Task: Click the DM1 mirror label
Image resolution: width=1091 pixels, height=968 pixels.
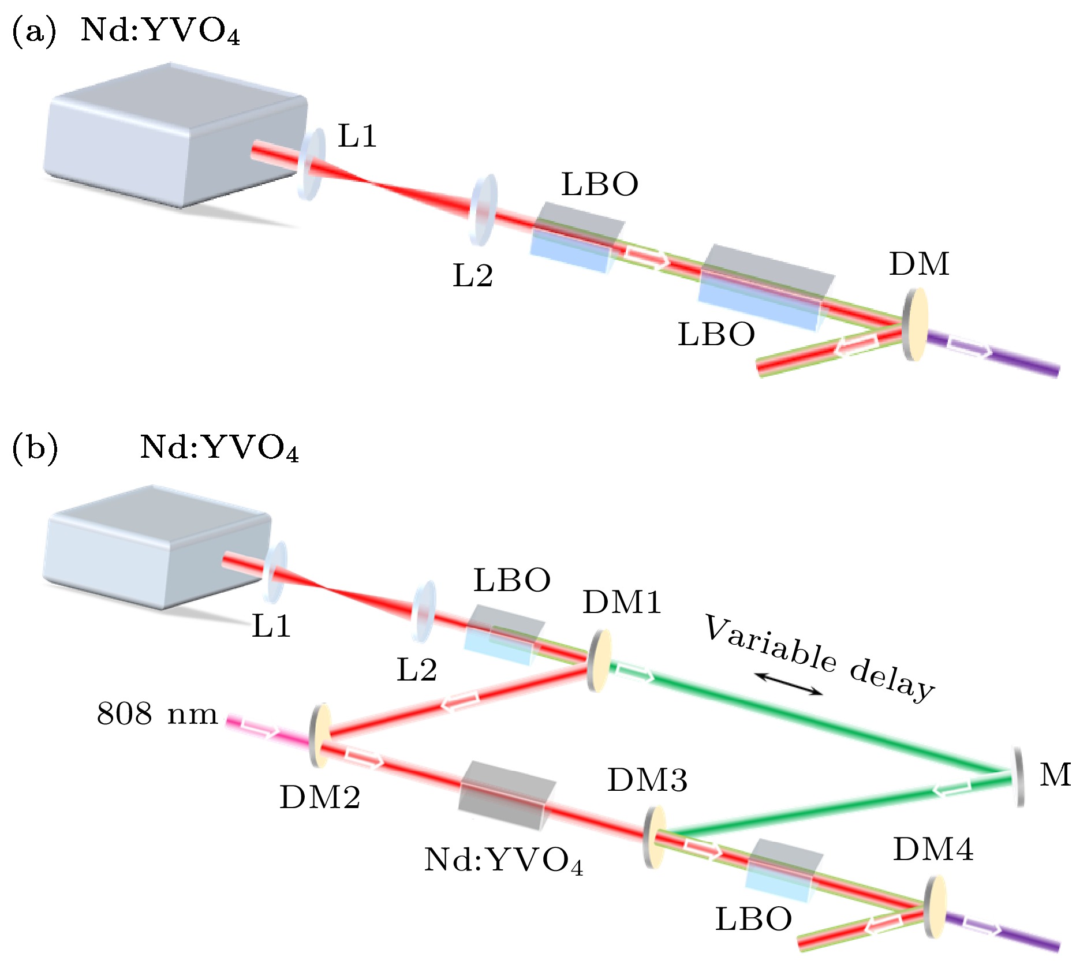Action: point(621,602)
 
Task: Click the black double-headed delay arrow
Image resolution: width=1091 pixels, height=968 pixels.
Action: point(789,683)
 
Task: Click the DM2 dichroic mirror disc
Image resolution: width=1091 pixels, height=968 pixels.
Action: point(319,735)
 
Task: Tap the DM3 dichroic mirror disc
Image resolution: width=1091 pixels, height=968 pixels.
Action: point(653,837)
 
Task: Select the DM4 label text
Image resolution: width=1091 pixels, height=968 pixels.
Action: point(933,849)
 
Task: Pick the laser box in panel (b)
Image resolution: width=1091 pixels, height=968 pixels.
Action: point(156,545)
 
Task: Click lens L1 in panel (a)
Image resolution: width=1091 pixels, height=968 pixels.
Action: point(312,165)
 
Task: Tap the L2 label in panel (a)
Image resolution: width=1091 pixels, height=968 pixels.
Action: point(472,275)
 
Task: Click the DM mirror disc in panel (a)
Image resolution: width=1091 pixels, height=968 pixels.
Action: point(915,324)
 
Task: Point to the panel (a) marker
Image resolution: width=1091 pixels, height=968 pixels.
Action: point(34,31)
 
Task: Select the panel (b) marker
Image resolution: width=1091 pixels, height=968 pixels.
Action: point(35,447)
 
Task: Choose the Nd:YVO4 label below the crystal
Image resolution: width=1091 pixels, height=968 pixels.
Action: point(503,861)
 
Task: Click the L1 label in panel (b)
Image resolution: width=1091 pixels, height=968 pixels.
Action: point(271,626)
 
